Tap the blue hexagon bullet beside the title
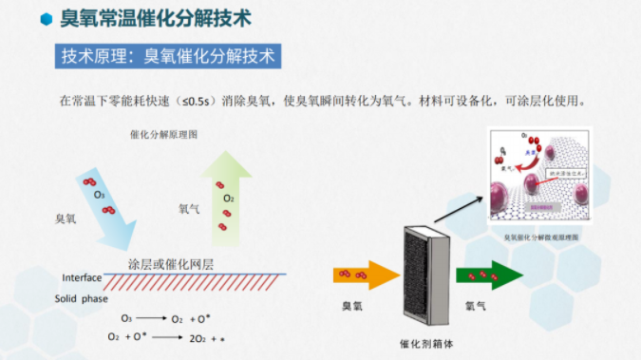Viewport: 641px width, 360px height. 45,19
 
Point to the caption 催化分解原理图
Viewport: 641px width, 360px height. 163,135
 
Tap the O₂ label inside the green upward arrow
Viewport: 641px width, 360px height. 228,199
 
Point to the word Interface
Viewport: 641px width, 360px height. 82,277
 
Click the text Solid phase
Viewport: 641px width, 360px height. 81,299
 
